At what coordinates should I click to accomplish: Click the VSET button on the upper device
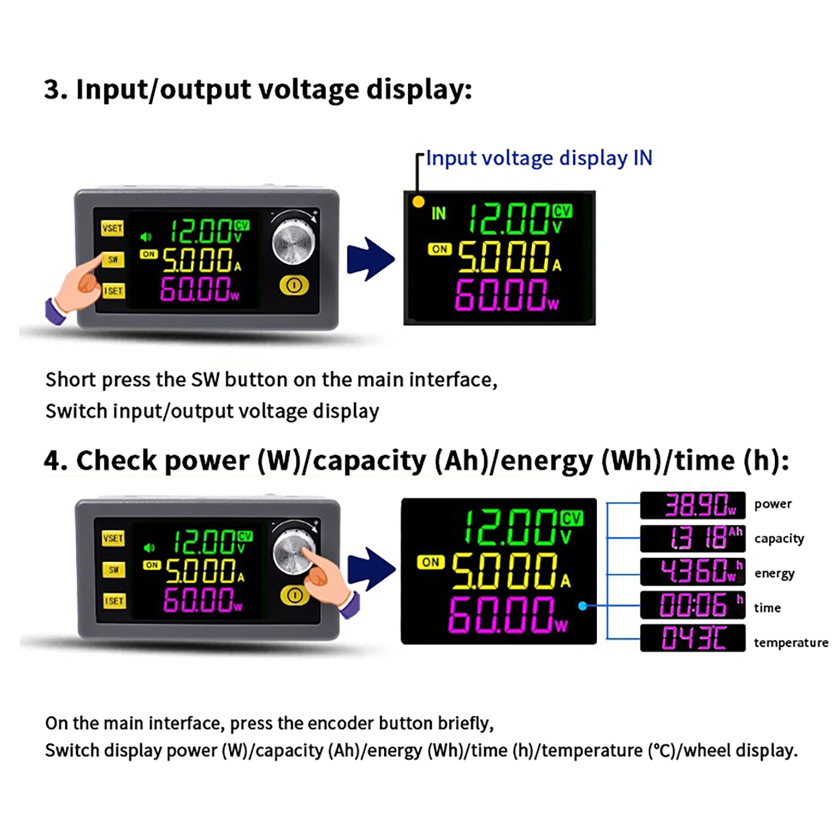[x=112, y=228]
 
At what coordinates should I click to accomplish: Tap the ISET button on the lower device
[x=114, y=601]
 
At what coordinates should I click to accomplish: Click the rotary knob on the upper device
[x=293, y=242]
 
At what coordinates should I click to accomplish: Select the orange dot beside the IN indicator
[x=418, y=202]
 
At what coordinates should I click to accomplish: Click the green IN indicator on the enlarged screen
[x=438, y=214]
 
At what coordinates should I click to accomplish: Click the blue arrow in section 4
[x=372, y=570]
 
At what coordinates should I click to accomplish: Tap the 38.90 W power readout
[x=693, y=505]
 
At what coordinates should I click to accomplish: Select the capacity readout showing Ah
[x=693, y=539]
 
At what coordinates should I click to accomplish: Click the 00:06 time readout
[x=693, y=605]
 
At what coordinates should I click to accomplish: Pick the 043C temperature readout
[x=693, y=638]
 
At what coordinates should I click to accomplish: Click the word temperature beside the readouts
[x=791, y=642]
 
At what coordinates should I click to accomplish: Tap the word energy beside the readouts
[x=774, y=574]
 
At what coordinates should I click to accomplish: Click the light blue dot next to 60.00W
[x=582, y=606]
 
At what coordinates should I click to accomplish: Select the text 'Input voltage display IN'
[x=539, y=158]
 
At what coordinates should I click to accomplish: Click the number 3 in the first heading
[x=51, y=89]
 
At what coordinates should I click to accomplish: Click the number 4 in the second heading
[x=52, y=461]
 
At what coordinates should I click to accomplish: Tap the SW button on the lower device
[x=114, y=570]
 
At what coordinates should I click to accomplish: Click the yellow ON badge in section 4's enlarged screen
[x=430, y=562]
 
